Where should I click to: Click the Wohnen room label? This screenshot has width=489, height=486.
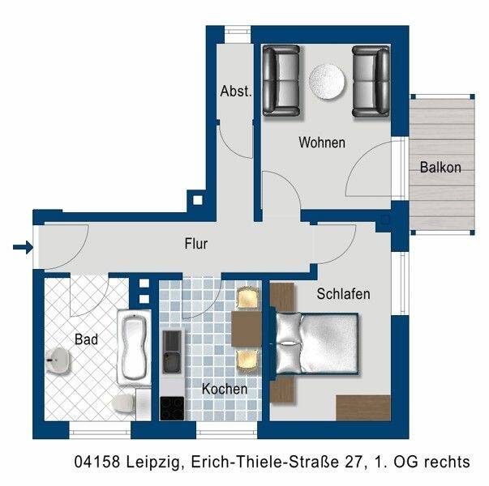322,143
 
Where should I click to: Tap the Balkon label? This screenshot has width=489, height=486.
440,168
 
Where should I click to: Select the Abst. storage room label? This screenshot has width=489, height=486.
236,92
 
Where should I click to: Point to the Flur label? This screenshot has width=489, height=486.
196,242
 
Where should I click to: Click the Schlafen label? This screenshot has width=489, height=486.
343,293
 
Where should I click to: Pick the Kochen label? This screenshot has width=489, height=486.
225,389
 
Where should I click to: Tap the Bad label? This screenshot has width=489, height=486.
86,339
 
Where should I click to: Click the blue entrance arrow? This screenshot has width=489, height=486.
24,247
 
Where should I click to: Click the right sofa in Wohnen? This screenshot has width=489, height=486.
371,80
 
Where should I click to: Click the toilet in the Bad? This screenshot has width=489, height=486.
124,403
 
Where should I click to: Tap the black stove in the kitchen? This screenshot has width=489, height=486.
171,407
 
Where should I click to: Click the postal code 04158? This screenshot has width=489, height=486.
96,463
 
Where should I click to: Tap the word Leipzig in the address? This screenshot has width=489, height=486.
152,463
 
